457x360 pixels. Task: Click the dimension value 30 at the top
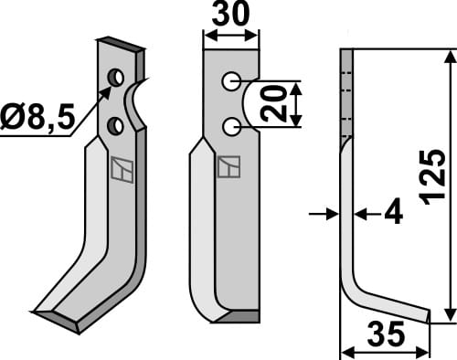click(230, 16)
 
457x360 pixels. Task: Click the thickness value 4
click(393, 215)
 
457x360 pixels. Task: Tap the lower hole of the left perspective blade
click(116, 123)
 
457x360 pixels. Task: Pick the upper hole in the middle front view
click(231, 81)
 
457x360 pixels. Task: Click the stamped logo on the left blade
click(119, 168)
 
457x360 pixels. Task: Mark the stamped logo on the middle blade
click(229, 166)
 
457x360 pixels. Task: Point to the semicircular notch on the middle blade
click(251, 102)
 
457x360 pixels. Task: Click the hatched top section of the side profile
click(346, 91)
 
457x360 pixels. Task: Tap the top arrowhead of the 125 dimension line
click(449, 57)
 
